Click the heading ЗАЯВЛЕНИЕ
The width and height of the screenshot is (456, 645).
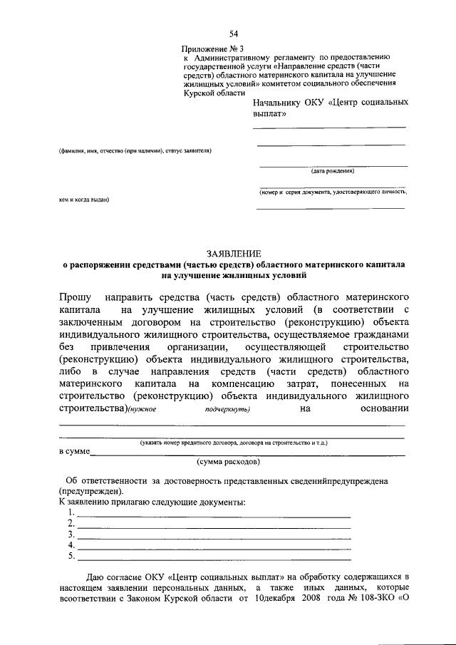tap(234, 253)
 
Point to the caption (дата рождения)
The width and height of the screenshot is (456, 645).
tap(332, 171)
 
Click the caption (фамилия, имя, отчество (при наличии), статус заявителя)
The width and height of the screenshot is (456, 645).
tap(135, 150)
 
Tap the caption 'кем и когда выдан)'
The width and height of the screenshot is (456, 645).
tap(83, 200)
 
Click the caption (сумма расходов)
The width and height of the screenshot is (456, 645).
tap(234, 462)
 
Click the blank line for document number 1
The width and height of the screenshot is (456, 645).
tap(214, 515)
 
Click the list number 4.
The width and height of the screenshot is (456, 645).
tap(71, 545)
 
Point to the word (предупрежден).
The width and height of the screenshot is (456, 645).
tap(90, 491)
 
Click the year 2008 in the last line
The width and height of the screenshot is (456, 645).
tap(318, 599)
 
